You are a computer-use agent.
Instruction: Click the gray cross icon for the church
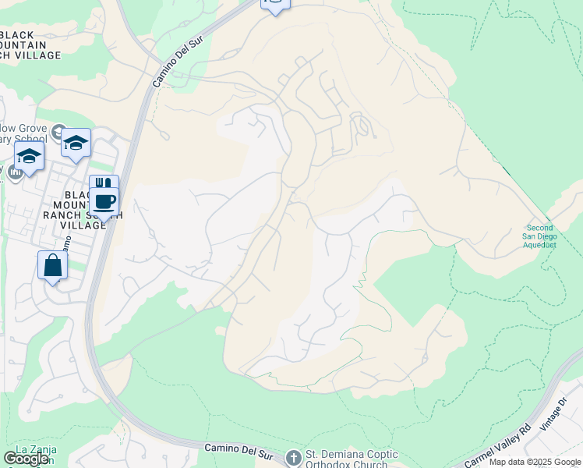tap(293, 457)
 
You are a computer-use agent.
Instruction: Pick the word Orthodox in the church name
tap(336, 465)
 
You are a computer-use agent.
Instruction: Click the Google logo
tap(27, 459)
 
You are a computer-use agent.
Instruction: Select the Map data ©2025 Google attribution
tap(535, 462)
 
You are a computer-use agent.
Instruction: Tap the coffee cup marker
tap(104, 200)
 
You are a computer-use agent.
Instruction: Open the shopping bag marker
tap(52, 265)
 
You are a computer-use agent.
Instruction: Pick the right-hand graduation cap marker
tap(76, 143)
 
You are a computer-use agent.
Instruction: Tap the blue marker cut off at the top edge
tap(274, 4)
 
